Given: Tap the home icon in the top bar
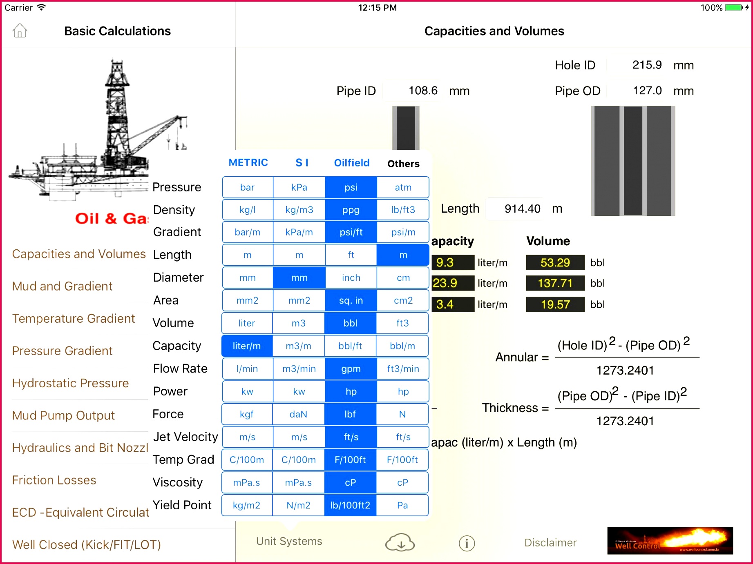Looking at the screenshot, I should click(x=20, y=31).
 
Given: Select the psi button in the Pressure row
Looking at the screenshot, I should click(x=351, y=187).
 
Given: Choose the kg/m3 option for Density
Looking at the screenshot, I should click(x=299, y=210).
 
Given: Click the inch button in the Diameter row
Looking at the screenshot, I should click(x=351, y=278).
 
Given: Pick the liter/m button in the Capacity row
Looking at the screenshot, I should click(x=247, y=346).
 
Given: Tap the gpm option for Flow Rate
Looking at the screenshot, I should click(x=351, y=369).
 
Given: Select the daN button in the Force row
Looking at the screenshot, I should click(x=298, y=414).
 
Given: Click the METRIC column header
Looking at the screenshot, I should click(x=248, y=163).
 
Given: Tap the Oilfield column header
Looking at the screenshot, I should click(x=351, y=163).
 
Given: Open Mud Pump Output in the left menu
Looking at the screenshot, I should click(x=63, y=415).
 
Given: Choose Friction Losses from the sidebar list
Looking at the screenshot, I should click(x=54, y=480).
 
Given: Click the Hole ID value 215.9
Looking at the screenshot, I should click(x=646, y=65).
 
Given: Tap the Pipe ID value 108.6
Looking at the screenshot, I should click(x=422, y=91).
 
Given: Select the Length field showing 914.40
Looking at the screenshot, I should click(x=522, y=209).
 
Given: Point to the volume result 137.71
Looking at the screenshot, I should click(x=555, y=283).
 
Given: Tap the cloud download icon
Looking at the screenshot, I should click(x=400, y=543).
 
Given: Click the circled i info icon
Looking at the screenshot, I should click(x=467, y=543).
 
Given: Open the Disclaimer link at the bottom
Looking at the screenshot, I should click(x=550, y=543).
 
